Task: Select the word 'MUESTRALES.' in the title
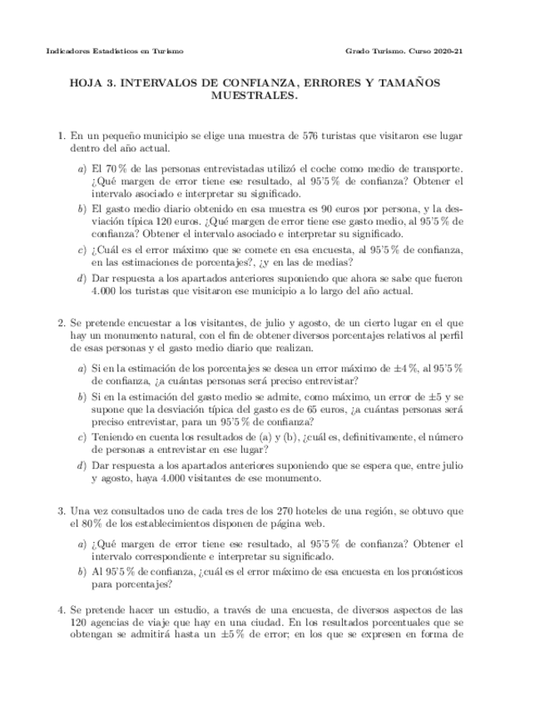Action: click(x=255, y=97)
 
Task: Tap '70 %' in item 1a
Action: click(x=116, y=168)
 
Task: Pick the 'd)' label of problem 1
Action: click(x=81, y=279)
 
